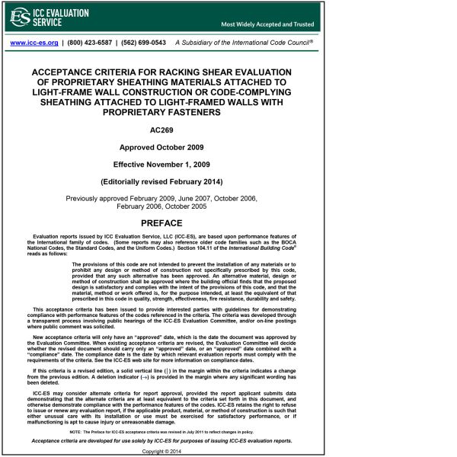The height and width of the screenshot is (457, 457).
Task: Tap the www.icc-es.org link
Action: (x=34, y=43)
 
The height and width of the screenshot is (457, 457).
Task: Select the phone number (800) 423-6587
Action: (x=89, y=43)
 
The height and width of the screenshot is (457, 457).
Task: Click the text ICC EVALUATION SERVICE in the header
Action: (x=62, y=18)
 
